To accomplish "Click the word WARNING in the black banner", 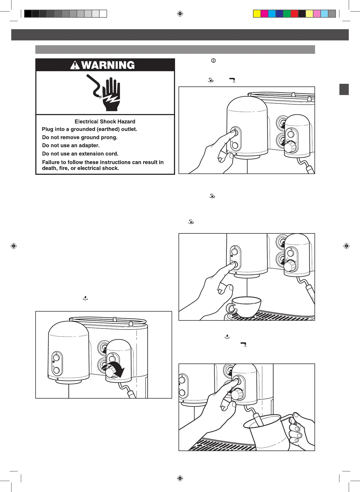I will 108,65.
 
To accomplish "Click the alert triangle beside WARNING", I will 75,65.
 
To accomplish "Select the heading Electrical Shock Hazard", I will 105,122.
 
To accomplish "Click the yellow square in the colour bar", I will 257,14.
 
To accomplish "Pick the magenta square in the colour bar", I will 264,14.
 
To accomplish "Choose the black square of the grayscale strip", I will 28,14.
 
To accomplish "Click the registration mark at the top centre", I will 180,14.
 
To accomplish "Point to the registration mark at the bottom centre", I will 180,478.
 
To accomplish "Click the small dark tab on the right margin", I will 344,89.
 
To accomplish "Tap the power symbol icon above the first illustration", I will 213,60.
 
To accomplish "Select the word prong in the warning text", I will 110,138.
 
